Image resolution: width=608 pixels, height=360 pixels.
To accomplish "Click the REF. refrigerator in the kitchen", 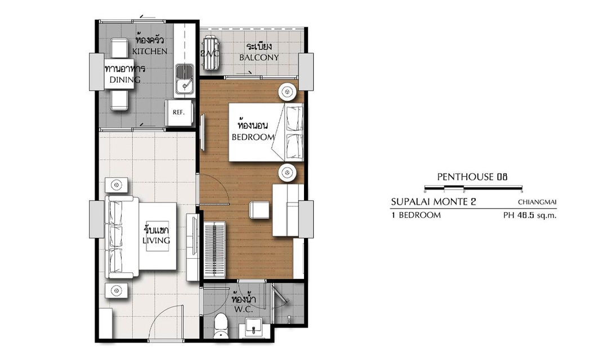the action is (179, 112).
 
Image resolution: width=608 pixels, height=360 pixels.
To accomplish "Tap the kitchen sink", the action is (185, 79).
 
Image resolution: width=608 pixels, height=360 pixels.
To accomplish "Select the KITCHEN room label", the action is (150, 51).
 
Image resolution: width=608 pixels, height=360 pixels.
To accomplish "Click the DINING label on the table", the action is (125, 80).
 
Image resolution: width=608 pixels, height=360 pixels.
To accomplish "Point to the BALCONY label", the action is (259, 57).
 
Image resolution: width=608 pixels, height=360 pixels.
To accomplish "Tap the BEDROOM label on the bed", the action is (253, 137).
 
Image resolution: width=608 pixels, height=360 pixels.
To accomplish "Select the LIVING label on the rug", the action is (157, 240).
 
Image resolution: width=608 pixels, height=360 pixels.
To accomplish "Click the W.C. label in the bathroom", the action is (244, 309).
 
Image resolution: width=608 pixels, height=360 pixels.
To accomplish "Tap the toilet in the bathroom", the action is (221, 325).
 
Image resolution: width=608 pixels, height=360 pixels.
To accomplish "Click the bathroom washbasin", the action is (254, 328).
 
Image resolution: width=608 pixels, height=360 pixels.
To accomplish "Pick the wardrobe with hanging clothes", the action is (214, 250).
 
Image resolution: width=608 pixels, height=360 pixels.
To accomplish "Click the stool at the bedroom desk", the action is (259, 210).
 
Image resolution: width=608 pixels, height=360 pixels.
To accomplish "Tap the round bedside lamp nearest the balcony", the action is (288, 92).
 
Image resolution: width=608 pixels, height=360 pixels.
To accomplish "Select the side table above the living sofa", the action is (117, 185).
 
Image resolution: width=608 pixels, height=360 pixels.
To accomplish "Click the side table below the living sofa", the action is (117, 290).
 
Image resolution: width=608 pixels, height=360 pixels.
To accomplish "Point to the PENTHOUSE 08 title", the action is (472, 177).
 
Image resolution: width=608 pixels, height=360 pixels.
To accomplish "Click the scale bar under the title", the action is (473, 188).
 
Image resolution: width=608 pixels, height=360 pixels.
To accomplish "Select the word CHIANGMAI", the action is (537, 202).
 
